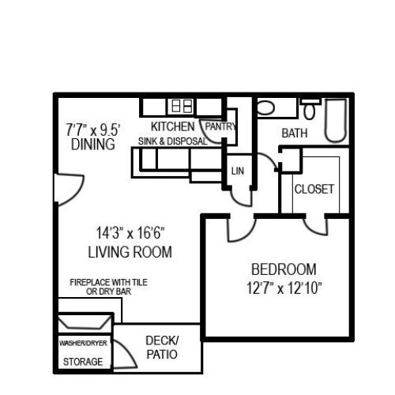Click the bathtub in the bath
(335, 121)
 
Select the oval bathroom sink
(265, 107)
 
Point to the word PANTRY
(220, 126)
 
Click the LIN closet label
(238, 171)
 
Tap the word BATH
(295, 133)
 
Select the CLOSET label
(314, 189)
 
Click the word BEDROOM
(284, 269)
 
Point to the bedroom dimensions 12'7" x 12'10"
(284, 288)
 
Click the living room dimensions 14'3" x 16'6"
(130, 233)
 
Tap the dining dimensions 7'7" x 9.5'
(93, 130)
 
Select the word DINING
(93, 145)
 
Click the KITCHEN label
(173, 126)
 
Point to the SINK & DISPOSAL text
(173, 141)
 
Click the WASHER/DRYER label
(83, 343)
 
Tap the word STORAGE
(83, 362)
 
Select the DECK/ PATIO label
(162, 348)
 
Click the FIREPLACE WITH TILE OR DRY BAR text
(108, 287)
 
